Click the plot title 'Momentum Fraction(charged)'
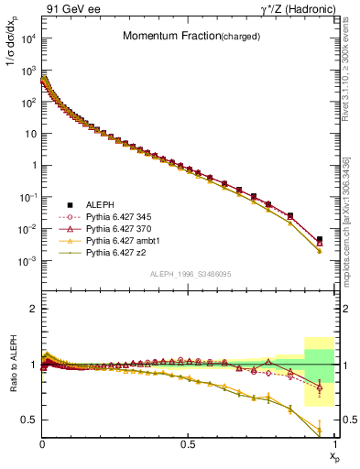190,37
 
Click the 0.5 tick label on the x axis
188,442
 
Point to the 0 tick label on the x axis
43,442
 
